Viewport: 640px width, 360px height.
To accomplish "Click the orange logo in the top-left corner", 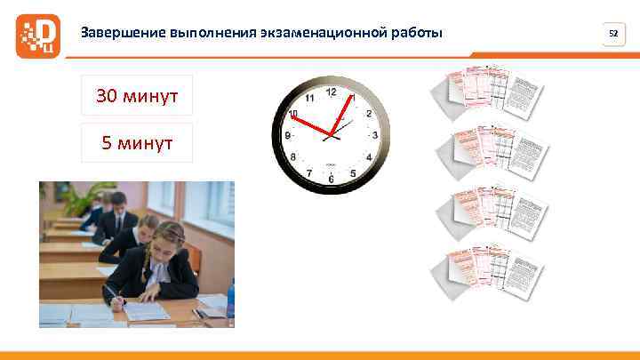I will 37,35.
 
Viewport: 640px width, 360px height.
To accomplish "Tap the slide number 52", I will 612,34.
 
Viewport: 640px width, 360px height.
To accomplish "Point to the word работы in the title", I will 416,34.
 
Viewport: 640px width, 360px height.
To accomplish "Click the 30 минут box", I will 137,96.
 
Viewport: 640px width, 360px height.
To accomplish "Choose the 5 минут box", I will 137,142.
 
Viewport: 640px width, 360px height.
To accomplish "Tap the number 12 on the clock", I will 331,92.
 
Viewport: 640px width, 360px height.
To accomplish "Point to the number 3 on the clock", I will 375,135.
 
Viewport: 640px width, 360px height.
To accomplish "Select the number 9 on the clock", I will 287,136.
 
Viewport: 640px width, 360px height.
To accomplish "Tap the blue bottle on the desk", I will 230,299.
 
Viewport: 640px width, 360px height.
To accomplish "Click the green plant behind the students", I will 85,199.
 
